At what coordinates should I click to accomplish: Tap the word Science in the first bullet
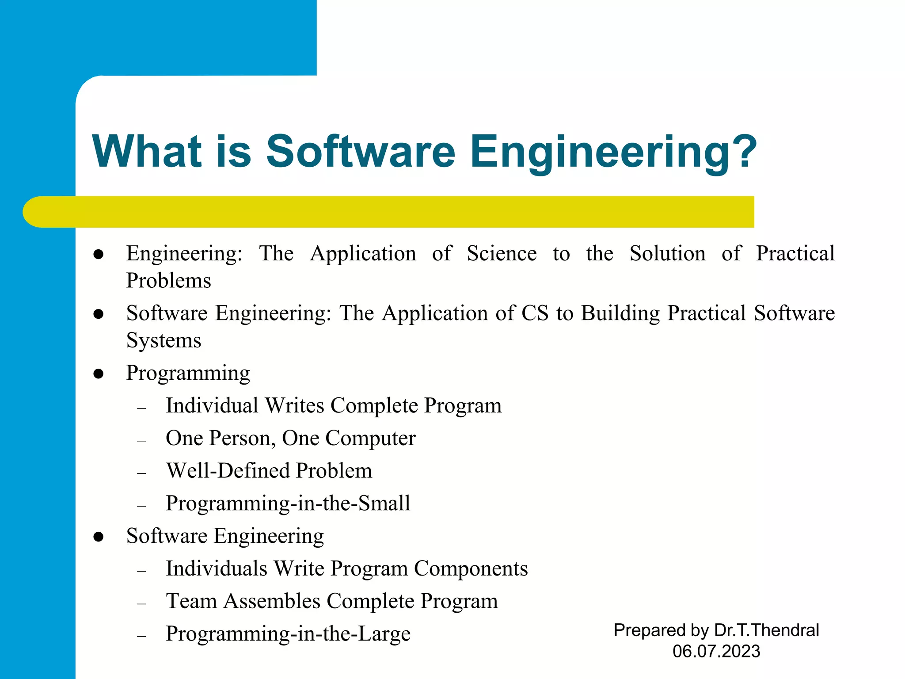502,254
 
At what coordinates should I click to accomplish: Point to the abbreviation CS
535,313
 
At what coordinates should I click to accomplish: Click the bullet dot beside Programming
99,374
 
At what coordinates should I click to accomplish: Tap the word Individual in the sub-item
212,406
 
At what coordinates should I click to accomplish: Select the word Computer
370,439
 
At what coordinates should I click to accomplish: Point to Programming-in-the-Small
288,504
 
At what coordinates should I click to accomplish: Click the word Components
471,568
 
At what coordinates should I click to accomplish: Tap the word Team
191,601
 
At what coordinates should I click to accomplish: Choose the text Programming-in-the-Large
288,634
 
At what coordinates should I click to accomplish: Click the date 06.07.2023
716,652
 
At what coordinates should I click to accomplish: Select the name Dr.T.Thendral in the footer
766,630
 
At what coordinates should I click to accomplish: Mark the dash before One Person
141,441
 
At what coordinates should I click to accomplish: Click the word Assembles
272,601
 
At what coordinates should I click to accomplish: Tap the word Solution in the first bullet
667,254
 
